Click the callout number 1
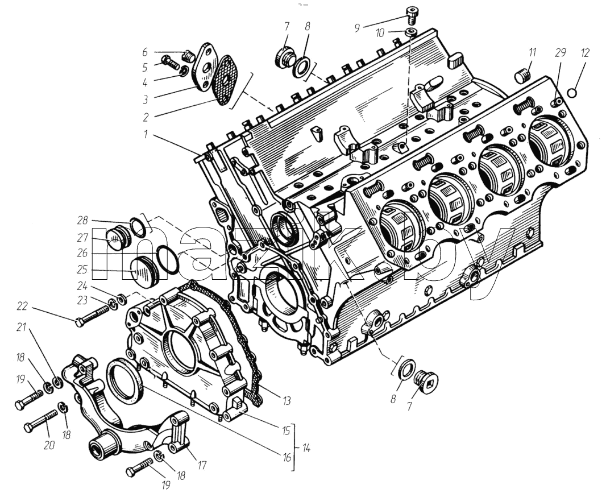(146, 134)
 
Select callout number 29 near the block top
(560, 52)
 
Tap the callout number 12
(585, 52)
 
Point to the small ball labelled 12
(573, 93)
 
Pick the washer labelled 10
(411, 32)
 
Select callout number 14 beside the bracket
(306, 448)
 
